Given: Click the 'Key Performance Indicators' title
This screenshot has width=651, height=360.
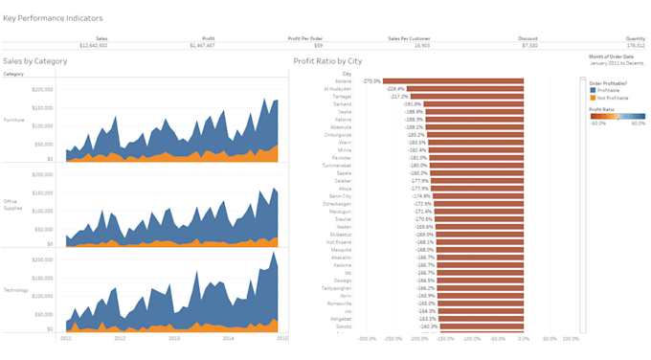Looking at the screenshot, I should click(53, 18).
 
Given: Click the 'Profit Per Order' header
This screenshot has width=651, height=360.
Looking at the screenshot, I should click(304, 38).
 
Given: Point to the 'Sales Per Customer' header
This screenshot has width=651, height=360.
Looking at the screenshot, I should click(408, 38).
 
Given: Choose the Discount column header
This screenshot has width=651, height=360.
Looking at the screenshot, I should click(528, 38).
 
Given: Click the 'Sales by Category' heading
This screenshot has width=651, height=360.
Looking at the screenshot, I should click(34, 60).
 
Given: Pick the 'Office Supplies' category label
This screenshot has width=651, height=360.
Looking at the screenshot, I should click(14, 204).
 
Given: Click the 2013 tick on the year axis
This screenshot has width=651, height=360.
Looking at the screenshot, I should click(174, 338).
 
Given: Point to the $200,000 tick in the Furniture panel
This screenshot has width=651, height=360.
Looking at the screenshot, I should click(42, 89).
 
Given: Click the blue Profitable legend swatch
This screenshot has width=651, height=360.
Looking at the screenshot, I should click(592, 90).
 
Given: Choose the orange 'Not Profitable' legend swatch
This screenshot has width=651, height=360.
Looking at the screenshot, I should click(592, 97).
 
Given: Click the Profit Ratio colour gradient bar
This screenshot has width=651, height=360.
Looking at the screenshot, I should click(617, 116).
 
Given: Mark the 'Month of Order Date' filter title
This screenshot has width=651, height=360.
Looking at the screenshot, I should click(614, 56).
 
